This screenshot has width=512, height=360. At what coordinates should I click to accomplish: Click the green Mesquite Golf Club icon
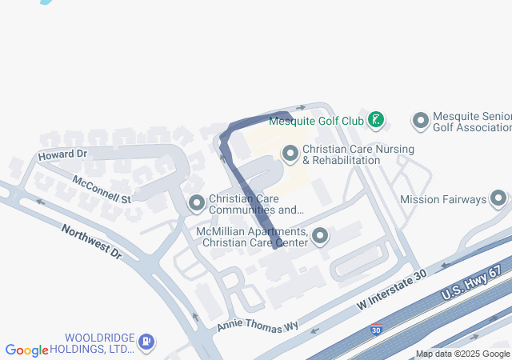376,121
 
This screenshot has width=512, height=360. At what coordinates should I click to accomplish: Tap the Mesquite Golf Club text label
316,122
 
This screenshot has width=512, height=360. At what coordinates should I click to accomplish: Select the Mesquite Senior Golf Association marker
421,122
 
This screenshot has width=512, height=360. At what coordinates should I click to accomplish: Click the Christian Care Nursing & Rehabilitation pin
290,152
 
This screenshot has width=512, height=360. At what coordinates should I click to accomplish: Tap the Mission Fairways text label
443,199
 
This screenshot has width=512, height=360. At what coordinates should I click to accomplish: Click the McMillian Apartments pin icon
320,235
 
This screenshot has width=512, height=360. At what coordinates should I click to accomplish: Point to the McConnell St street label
101,189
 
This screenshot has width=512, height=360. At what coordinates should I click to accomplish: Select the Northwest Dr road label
91,241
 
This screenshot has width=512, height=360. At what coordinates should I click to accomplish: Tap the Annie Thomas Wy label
258,326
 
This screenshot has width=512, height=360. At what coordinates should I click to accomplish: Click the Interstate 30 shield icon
376,329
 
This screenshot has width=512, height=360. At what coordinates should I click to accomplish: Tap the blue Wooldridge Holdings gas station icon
146,342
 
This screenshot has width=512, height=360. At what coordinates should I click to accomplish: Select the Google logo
26,350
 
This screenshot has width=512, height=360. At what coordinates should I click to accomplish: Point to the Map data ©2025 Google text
462,354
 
